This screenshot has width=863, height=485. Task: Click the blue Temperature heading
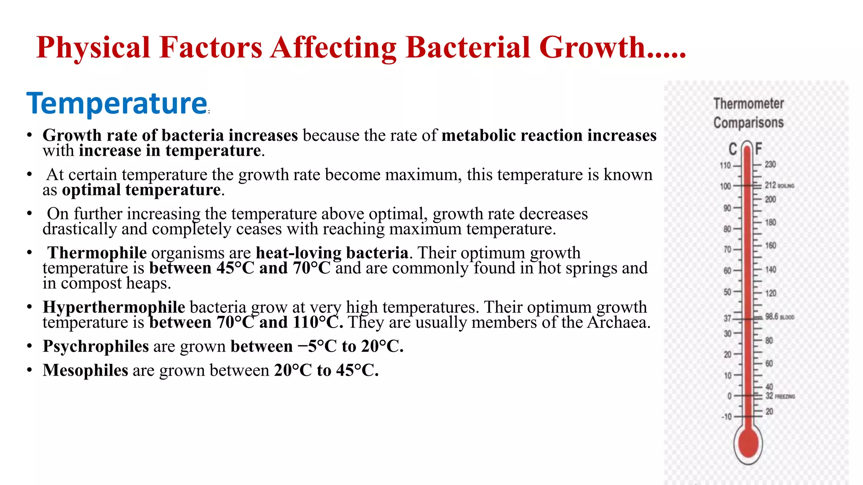coord(117,104)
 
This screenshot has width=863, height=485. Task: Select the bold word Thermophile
coord(97,253)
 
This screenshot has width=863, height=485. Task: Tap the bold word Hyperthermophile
coord(114,307)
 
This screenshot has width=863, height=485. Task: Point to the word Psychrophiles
coord(96,346)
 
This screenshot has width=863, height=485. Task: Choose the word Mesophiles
coord(85,370)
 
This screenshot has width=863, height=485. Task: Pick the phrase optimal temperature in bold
coord(141,190)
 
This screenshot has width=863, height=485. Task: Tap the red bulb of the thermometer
coord(748,443)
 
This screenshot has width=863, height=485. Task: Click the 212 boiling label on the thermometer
coord(779,185)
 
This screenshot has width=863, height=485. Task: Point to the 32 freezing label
coord(780,396)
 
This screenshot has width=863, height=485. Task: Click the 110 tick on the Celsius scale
coord(726,165)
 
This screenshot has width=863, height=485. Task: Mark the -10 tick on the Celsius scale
coord(727,417)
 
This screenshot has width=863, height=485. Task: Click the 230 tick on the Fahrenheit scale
coord(770,164)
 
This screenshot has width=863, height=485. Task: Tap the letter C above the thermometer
coord(733,149)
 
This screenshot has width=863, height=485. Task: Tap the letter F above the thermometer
coord(758,149)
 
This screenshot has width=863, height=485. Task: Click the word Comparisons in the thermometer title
coord(748,123)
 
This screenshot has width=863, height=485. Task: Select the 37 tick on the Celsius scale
coord(728,318)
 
